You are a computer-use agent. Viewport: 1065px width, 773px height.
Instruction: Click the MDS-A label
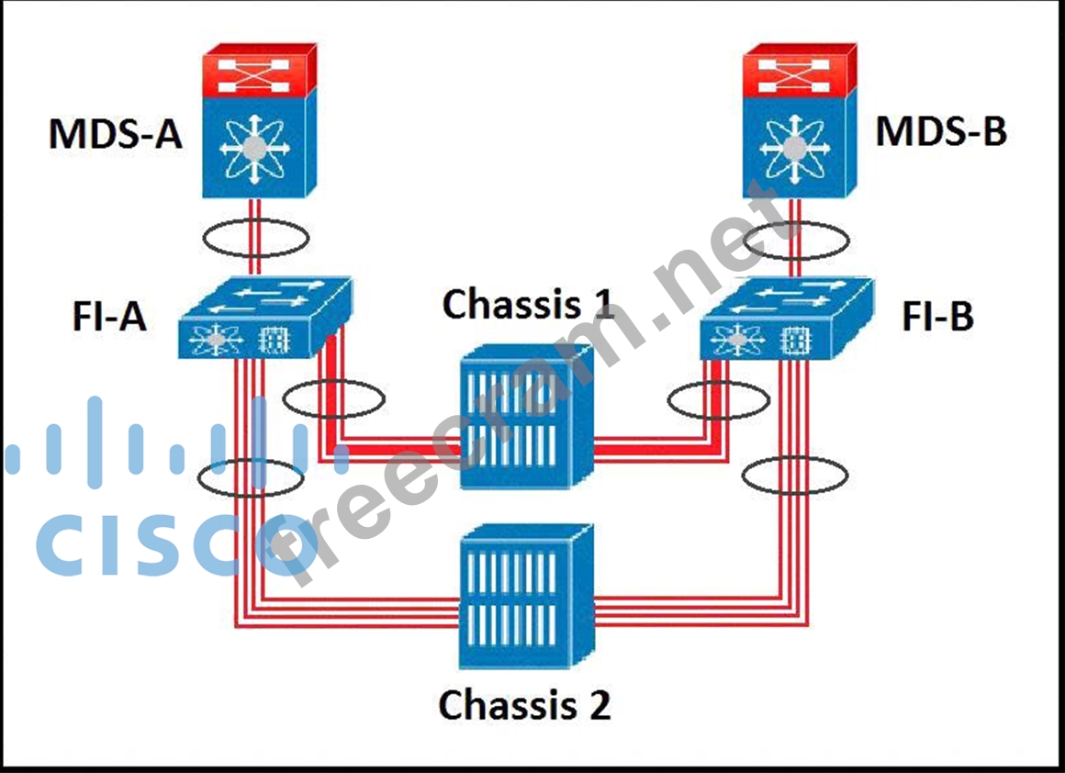tap(116, 134)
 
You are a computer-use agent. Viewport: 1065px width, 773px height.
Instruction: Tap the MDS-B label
tap(941, 131)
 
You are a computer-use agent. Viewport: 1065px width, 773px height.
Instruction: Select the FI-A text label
tap(109, 318)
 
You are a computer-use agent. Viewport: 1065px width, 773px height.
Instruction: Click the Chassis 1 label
tap(527, 305)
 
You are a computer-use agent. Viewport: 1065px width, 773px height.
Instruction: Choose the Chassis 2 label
tap(524, 705)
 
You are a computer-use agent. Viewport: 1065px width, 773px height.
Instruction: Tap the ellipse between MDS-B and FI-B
tap(795, 241)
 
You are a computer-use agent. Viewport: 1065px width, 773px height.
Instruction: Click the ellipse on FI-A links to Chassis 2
tap(250, 477)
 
